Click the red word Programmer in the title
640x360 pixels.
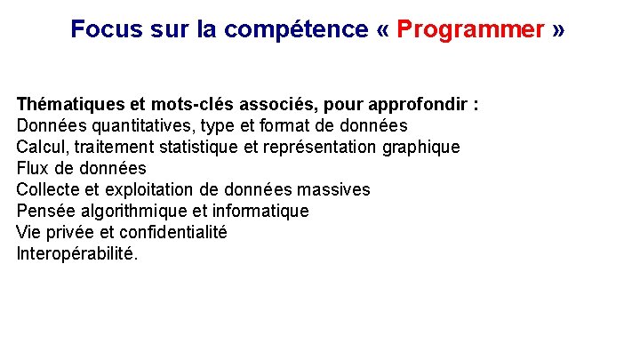pyautogui.click(x=470, y=29)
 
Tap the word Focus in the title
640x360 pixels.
pyautogui.click(x=100, y=29)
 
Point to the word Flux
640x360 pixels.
pyautogui.click(x=33, y=168)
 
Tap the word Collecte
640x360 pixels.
pyautogui.click(x=49, y=189)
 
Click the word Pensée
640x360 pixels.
pyautogui.click(x=45, y=211)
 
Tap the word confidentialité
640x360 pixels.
pyautogui.click(x=173, y=232)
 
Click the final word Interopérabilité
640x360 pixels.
pyautogui.click(x=76, y=253)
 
